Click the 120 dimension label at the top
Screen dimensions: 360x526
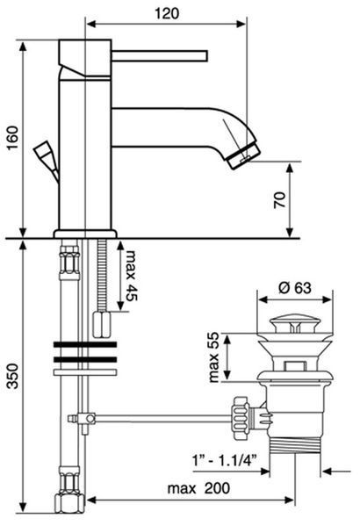pyautogui.click(x=167, y=14)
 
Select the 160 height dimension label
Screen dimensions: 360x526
pyautogui.click(x=12, y=138)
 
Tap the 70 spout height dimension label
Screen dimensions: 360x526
pyautogui.click(x=279, y=200)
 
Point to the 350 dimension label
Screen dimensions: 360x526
pyautogui.click(x=12, y=376)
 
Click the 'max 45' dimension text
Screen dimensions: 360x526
pyautogui.click(x=132, y=276)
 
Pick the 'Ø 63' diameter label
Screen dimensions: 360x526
pyautogui.click(x=295, y=288)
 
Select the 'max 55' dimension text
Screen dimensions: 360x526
pyautogui.click(x=213, y=357)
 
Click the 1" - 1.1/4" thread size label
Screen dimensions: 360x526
pyautogui.click(x=225, y=460)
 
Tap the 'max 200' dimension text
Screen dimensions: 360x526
pyautogui.click(x=198, y=488)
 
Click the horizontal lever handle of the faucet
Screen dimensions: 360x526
pyautogui.click(x=160, y=56)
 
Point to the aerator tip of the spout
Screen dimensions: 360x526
pyautogui.click(x=244, y=156)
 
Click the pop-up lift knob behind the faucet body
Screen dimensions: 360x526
pyautogui.click(x=46, y=161)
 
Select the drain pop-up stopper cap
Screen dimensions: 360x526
pyautogui.click(x=293, y=323)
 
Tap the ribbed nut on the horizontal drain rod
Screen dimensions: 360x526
pyautogui.click(x=241, y=418)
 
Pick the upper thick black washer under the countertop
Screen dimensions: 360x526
pyautogui.click(x=85, y=344)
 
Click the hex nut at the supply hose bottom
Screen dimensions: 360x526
pyautogui.click(x=69, y=503)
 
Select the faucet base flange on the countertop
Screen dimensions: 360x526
pyautogui.click(x=85, y=234)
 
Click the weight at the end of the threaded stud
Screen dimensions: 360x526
pyautogui.click(x=102, y=324)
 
